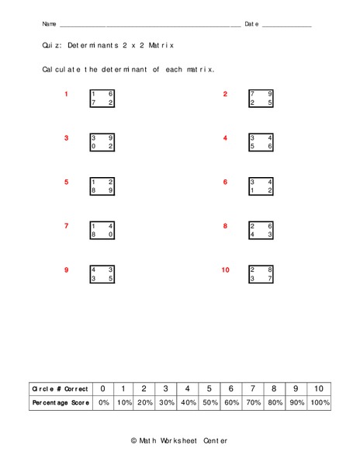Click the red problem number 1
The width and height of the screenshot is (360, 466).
point(67,95)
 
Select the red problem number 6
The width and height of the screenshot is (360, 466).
point(225,182)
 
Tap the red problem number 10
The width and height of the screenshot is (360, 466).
point(225,270)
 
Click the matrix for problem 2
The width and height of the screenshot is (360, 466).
point(261,98)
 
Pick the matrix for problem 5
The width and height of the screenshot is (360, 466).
point(102,186)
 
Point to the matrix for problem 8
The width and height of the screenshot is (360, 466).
point(261,231)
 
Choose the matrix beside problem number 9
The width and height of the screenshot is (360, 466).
point(102,274)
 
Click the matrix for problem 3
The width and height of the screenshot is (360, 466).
point(102,142)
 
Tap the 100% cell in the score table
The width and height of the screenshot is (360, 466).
point(320,403)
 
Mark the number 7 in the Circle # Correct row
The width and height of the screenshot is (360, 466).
point(253,388)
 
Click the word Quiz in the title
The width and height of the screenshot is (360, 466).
point(51,47)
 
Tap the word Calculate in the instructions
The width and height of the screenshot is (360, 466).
point(61,70)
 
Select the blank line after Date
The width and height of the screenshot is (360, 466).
point(287,26)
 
